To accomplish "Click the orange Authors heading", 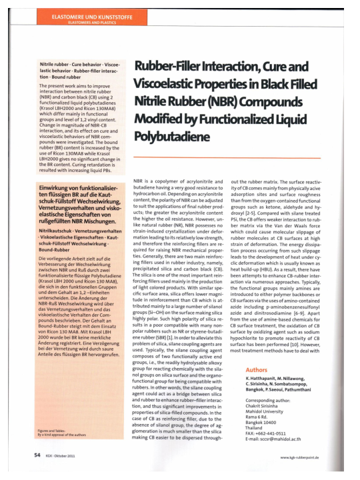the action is point(258,349).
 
